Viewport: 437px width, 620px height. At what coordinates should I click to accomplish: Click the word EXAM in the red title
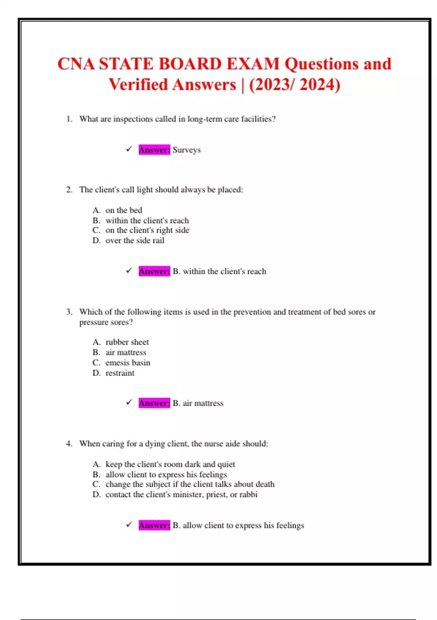tap(253, 64)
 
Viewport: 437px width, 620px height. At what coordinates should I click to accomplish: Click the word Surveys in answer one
tap(186, 150)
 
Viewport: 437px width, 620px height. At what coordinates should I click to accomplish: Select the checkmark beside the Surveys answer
tap(129, 149)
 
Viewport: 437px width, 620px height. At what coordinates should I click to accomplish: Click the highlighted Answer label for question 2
tap(154, 271)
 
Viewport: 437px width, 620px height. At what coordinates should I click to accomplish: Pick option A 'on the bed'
tap(124, 210)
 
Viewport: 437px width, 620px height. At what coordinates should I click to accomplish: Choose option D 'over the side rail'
tap(135, 240)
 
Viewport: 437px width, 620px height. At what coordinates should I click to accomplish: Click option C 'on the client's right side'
tap(147, 230)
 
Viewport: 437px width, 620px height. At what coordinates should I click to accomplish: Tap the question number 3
tap(69, 312)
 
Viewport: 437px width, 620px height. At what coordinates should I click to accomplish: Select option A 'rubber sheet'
tap(127, 342)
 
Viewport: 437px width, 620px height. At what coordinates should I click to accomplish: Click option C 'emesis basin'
tap(127, 363)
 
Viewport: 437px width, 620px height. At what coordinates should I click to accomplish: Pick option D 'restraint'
tap(120, 373)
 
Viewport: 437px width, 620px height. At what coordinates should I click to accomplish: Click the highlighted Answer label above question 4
tap(154, 403)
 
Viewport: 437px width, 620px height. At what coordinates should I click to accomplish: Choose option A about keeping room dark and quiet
tap(170, 464)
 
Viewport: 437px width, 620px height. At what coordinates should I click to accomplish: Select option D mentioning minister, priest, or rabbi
tap(181, 495)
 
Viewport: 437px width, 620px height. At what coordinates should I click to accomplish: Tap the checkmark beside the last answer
tap(129, 525)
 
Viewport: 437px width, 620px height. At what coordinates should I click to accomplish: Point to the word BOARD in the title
tap(190, 64)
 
